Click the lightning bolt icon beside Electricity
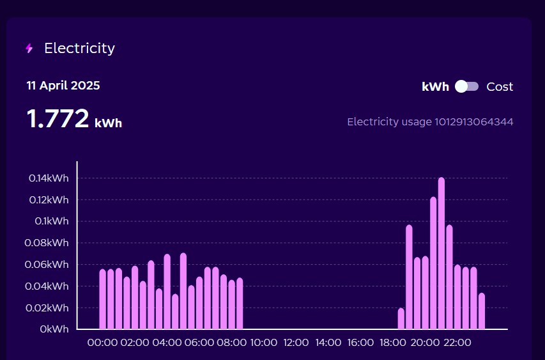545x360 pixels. [x=29, y=49]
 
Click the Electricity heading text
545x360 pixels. [x=79, y=48]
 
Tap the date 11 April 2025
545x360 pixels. [x=63, y=86]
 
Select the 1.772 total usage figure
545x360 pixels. [x=58, y=119]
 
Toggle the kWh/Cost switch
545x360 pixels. [x=466, y=87]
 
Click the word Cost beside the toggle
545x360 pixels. [x=500, y=87]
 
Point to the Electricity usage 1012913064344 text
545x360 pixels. [x=430, y=121]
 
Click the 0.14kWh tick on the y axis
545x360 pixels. [x=49, y=178]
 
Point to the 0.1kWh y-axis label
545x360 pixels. [x=52, y=221]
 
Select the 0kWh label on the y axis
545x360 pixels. [x=54, y=329]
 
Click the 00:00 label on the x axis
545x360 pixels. [x=102, y=343]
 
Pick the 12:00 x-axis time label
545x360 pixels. [x=296, y=343]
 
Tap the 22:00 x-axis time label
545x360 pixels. [x=457, y=343]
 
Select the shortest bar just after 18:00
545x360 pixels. [x=401, y=319]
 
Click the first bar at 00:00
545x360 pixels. [x=103, y=299]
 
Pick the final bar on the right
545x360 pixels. [x=482, y=311]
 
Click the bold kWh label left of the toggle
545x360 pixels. [x=436, y=87]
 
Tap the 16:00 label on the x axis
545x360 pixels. [x=360, y=343]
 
